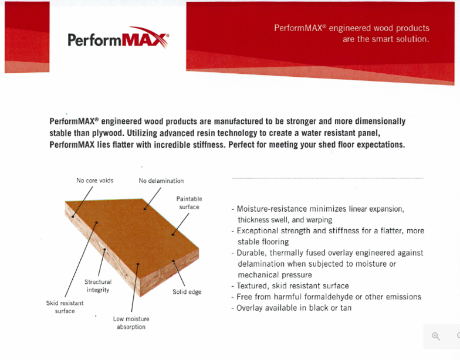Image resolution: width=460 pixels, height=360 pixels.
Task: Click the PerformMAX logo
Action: (119, 38)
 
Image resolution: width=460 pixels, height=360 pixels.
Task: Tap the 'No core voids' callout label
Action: (95, 181)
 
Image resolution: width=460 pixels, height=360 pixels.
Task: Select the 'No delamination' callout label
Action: (161, 181)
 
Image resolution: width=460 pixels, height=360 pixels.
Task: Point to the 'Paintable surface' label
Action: (189, 203)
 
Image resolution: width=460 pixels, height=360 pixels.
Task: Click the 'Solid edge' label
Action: (187, 292)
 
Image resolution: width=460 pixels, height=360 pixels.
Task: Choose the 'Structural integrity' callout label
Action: (98, 286)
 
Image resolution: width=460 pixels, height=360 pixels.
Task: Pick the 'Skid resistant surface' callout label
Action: (65, 307)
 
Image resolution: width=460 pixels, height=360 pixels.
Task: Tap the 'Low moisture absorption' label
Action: (131, 322)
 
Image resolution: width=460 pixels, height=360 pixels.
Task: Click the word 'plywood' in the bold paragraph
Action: (108, 134)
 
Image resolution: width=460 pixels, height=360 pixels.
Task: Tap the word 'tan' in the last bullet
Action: (346, 308)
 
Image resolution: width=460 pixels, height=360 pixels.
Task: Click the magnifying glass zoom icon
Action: (436, 337)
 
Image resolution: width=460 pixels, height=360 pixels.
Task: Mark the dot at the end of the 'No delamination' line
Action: (144, 209)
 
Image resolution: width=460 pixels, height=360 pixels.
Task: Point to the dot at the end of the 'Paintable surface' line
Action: (172, 235)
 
